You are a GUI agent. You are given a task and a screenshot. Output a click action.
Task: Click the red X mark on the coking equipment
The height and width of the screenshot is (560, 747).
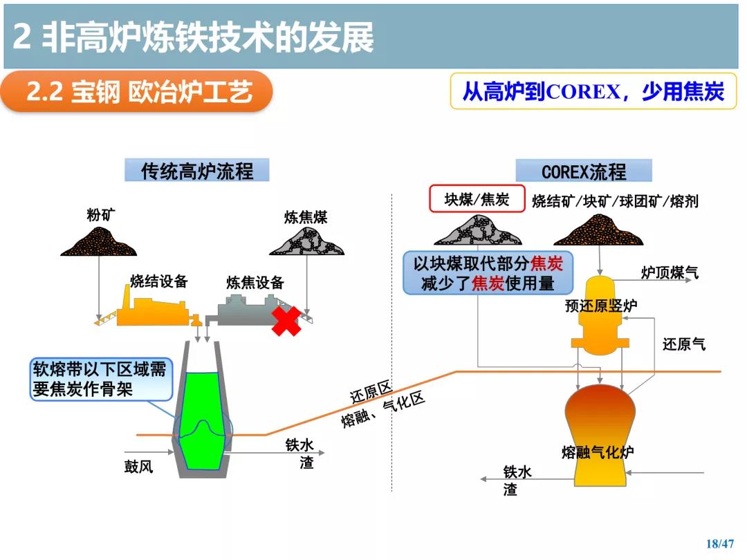(286, 321)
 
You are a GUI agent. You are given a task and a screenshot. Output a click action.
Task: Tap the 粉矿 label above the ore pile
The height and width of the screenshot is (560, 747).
(100, 215)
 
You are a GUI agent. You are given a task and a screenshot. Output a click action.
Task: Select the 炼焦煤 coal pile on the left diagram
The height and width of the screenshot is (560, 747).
(306, 241)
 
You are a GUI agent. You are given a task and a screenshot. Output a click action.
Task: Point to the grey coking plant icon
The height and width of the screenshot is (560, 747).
(248, 311)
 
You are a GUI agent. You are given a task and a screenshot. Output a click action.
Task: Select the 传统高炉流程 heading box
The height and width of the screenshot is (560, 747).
(196, 171)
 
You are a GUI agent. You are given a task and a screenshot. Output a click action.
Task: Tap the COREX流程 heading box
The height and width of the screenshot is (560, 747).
(584, 171)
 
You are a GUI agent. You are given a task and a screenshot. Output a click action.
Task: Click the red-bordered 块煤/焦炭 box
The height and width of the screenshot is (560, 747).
(477, 198)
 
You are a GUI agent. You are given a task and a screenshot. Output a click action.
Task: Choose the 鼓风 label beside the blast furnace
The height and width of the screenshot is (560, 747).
(138, 466)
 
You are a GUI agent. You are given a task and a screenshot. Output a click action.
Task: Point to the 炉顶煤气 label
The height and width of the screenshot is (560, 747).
(670, 272)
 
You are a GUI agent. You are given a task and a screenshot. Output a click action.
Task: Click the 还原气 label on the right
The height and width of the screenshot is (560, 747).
(683, 344)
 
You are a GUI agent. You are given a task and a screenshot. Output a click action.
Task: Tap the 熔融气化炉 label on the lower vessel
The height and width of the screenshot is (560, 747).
(598, 451)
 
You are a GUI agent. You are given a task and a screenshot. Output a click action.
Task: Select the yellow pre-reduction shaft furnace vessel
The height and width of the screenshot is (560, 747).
(600, 315)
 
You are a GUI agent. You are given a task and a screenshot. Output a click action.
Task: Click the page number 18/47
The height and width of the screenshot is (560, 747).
(720, 543)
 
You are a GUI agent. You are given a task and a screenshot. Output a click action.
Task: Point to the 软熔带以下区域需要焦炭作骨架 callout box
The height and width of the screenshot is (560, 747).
(100, 379)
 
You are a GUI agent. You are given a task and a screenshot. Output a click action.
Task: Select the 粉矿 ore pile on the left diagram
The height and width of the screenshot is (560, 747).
(99, 241)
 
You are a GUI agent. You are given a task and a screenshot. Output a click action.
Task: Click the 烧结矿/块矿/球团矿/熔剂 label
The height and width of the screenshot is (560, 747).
(615, 201)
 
